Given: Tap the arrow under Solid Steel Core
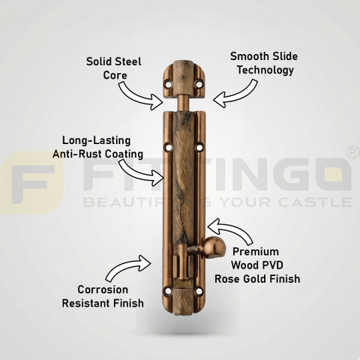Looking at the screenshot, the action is (140, 96).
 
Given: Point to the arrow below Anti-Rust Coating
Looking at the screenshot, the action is (141, 172).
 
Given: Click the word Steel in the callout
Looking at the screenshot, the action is (128, 61).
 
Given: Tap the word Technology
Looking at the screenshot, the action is (265, 70).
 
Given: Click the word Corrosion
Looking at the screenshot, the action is (103, 289).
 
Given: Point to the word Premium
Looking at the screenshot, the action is (256, 252).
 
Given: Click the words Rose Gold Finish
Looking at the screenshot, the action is (257, 279).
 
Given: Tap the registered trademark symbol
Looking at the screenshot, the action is (353, 153).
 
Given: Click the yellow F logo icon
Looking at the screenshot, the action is (31, 183).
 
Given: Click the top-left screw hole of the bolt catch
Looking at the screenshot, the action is (169, 84).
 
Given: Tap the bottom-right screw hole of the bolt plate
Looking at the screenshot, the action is (199, 291).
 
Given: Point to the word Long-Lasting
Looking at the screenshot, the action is (97, 140).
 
